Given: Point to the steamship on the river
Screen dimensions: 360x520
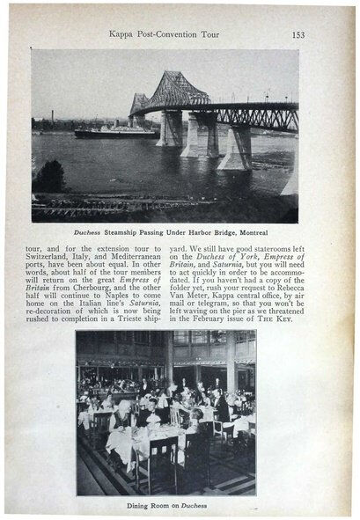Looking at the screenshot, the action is (x=115, y=131).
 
